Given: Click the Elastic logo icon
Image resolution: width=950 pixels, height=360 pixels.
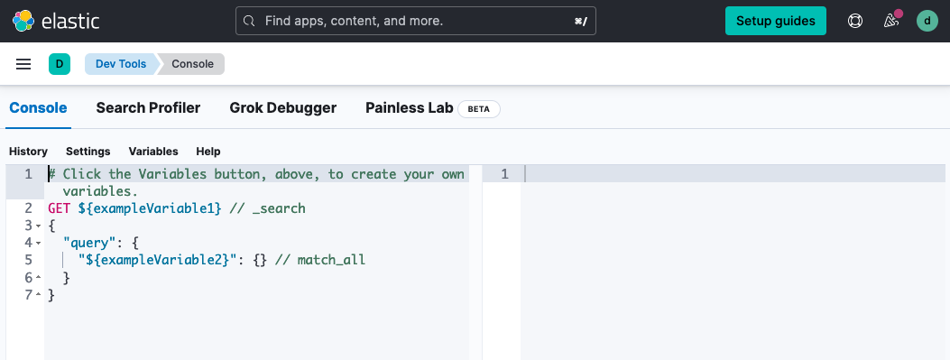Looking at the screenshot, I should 23,21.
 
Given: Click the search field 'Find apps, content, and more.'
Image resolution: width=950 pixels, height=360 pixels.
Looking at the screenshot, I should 416,21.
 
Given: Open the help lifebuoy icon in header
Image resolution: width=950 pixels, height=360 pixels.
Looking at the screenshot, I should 855,21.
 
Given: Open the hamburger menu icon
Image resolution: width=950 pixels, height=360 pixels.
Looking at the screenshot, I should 23,64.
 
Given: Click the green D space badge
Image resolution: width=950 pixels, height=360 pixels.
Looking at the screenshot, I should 60,64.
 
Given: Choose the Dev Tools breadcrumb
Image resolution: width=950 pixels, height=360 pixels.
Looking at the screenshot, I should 121,64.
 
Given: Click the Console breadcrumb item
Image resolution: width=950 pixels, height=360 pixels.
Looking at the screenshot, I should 192,64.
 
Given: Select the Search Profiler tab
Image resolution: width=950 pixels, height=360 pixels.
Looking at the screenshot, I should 148,108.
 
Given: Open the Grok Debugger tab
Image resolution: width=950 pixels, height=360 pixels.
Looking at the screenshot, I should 282,108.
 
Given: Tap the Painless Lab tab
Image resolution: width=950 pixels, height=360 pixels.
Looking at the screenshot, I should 409,108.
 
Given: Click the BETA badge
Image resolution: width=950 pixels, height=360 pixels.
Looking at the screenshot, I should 479,109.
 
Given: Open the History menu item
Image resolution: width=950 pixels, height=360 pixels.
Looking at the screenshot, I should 28,152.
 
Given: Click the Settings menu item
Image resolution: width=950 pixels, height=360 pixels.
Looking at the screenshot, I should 88,152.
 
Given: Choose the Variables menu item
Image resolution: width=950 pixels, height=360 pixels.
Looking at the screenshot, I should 153,152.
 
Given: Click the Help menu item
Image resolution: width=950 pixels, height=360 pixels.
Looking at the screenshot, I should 208,152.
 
